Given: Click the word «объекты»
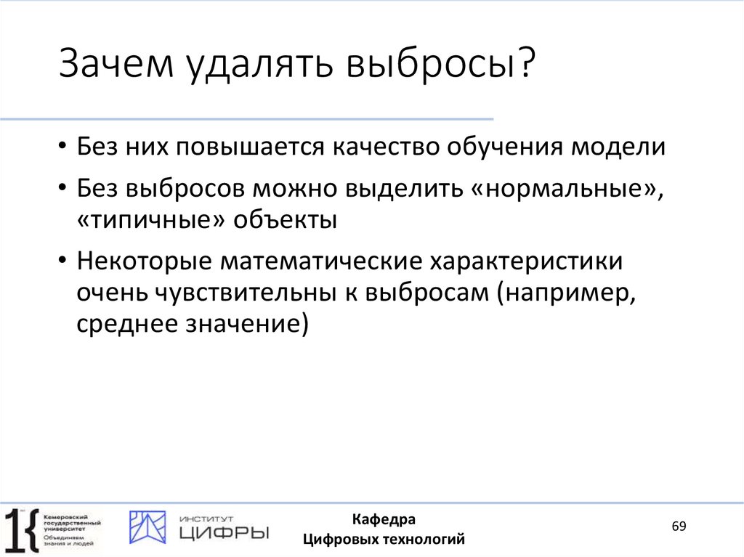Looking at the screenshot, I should pos(285,221).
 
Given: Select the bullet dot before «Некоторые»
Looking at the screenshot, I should pos(64,261).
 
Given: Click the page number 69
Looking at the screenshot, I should pos(679,526).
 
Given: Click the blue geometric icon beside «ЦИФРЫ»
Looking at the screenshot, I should pos(147,527).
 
